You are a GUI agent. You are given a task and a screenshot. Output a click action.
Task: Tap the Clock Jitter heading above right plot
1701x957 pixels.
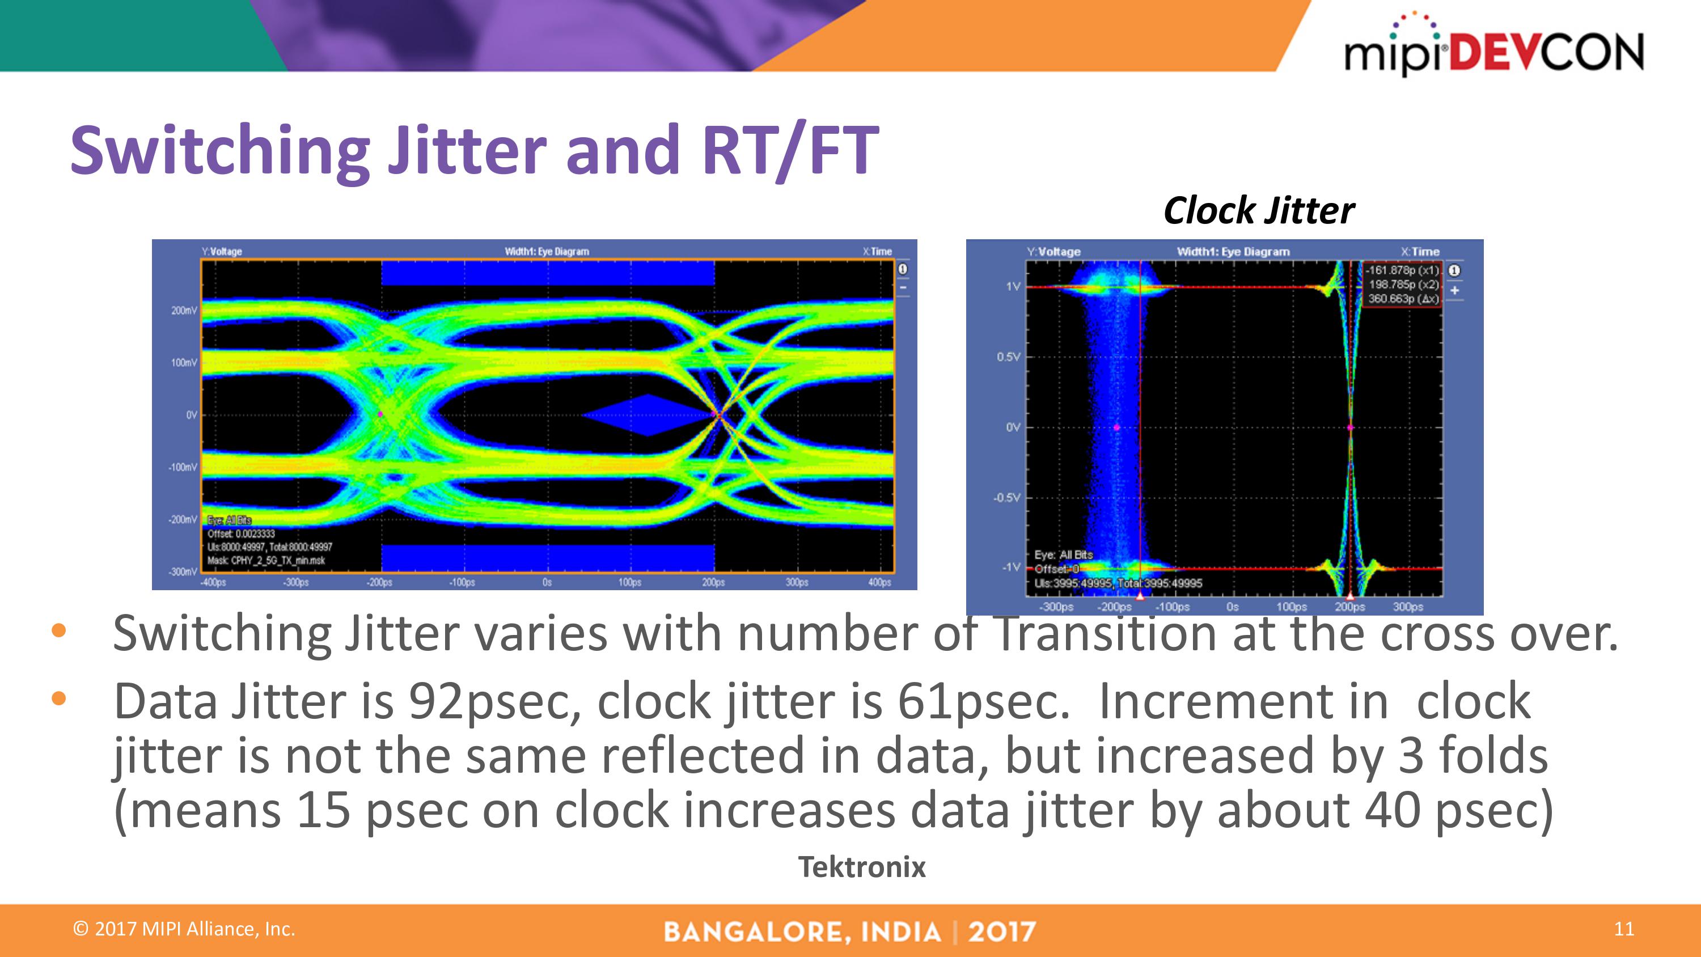pyautogui.click(x=1259, y=211)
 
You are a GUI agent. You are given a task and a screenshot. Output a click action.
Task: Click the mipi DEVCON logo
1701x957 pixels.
pyautogui.click(x=1493, y=46)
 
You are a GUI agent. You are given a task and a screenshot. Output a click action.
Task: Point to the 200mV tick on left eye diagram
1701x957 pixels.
pyautogui.click(x=184, y=311)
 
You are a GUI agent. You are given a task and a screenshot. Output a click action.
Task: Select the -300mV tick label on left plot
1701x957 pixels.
pyautogui.click(x=183, y=571)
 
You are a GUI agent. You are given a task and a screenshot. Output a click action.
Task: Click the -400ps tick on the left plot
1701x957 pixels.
pyautogui.click(x=213, y=582)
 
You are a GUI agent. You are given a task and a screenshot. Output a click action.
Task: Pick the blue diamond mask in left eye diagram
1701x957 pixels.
pyautogui.click(x=649, y=415)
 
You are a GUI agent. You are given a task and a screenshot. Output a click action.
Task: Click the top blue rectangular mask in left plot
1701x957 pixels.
pyautogui.click(x=547, y=273)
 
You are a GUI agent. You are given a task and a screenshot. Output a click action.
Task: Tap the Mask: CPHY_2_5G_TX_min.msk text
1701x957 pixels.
pyautogui.click(x=266, y=561)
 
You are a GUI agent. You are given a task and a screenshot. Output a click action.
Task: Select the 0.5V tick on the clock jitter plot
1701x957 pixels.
pyautogui.click(x=1008, y=357)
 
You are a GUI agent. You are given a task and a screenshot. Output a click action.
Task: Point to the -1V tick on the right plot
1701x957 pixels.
pyautogui.click(x=1011, y=568)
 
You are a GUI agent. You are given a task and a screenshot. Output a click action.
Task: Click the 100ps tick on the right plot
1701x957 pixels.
pyautogui.click(x=1291, y=606)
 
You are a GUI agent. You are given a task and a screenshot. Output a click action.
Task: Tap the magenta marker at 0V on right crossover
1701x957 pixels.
pyautogui.click(x=1351, y=427)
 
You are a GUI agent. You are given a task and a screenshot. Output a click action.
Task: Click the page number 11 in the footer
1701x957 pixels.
pyautogui.click(x=1624, y=929)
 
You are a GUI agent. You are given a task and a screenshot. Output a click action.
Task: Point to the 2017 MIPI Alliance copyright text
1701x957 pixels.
pyautogui.click(x=184, y=929)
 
